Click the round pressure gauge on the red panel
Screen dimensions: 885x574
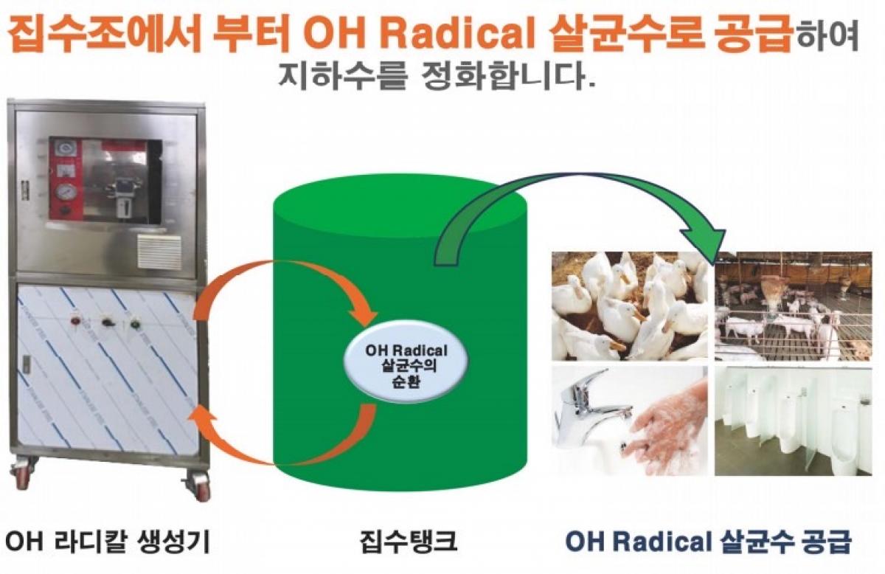click(x=66, y=193)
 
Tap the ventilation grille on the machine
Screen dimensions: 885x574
click(x=159, y=251)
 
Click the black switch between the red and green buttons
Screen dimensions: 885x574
click(x=107, y=323)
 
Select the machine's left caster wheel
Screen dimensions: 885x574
click(x=22, y=477)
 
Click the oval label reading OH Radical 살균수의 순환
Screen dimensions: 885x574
click(x=406, y=366)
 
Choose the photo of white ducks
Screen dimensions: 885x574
click(x=630, y=306)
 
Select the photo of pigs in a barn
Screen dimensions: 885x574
click(x=794, y=306)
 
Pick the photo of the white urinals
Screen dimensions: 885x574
click(x=794, y=421)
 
